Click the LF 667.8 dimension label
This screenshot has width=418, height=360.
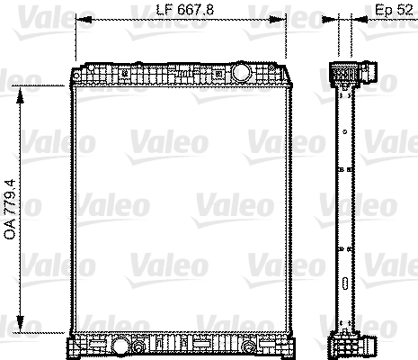(185, 10)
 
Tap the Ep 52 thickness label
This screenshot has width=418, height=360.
(394, 10)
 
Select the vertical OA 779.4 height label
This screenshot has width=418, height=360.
(10, 210)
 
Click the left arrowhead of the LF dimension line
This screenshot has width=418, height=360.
(84, 20)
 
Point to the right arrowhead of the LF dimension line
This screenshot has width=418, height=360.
(278, 20)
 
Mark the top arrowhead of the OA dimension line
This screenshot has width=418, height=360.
(20, 95)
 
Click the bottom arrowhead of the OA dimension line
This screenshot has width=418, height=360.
(20, 323)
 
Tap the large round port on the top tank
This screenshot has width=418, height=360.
(241, 72)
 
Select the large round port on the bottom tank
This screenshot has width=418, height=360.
(120, 346)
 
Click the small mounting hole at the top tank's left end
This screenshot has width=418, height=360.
(76, 76)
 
